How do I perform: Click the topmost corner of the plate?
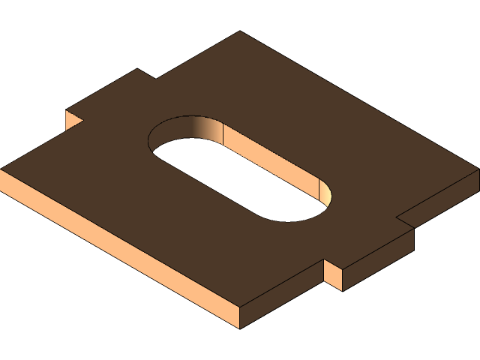pos(240,31)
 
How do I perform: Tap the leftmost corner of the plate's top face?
pos(1,169)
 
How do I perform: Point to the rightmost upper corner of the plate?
pos(478,169)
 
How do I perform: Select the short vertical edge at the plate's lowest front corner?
pos(240,317)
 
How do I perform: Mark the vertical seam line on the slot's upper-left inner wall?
pos(223,133)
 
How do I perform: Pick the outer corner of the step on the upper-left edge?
pos(137,69)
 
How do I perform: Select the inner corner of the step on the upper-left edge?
pos(156,79)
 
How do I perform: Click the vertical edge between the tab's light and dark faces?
pos(343,278)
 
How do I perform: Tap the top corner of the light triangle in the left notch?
pos(67,110)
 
